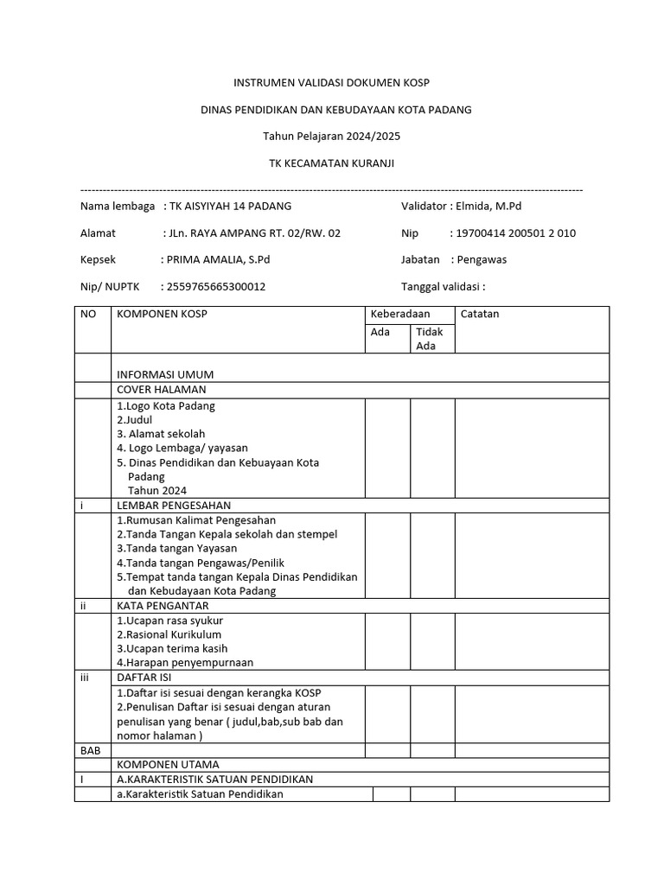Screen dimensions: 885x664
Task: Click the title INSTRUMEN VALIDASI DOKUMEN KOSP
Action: [x=331, y=83]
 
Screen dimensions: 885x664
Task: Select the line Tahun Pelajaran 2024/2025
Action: [x=331, y=137]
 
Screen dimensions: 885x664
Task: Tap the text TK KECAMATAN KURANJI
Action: [x=331, y=163]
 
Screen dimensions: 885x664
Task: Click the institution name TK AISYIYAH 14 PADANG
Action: [x=231, y=207]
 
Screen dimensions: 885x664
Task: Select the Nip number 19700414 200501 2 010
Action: [x=516, y=233]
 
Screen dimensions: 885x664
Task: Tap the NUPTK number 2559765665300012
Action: [x=216, y=287]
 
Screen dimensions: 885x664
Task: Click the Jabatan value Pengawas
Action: [x=482, y=260]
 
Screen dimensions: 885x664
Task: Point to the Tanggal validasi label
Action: [x=443, y=287]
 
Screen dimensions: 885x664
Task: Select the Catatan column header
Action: [x=480, y=315]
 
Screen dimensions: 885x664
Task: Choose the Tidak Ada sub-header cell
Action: [x=430, y=340]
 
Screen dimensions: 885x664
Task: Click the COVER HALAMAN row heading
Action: [x=162, y=390]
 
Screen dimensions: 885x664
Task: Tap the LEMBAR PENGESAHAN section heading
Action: [x=174, y=506]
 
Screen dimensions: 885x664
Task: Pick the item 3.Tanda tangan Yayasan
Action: [x=176, y=549]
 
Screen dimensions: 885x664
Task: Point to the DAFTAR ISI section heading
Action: [x=143, y=678]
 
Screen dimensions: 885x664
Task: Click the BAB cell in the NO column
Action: [x=91, y=751]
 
